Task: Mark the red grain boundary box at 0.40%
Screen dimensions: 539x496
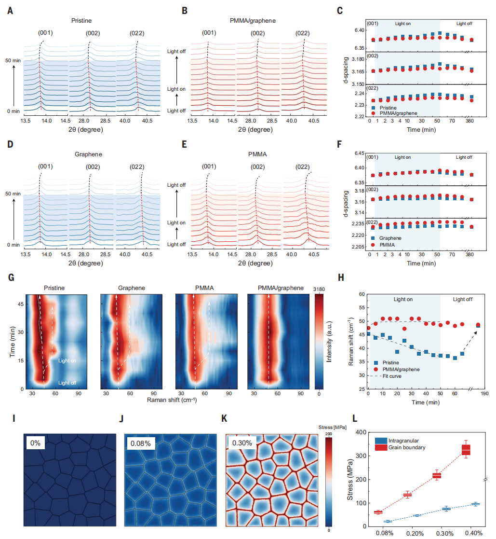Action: tap(466, 449)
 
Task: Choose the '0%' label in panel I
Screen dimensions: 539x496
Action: tap(35, 442)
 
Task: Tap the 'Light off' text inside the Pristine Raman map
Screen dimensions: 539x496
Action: tap(67, 383)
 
